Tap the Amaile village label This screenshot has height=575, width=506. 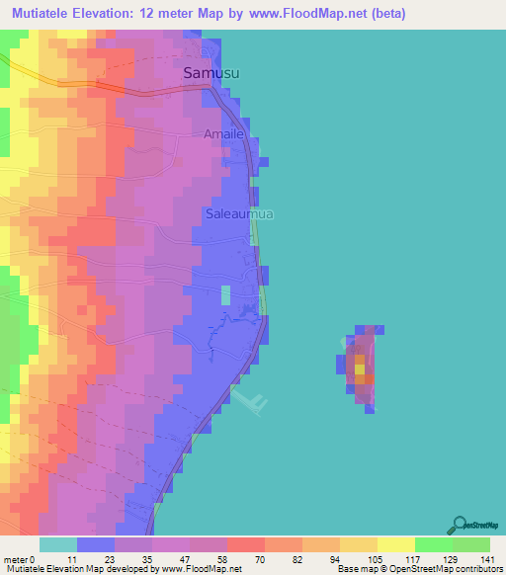tap(222, 133)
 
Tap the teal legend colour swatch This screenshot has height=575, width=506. tap(58, 544)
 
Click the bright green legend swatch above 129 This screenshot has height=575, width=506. tap(433, 544)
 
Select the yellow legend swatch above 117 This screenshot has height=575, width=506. tap(395, 544)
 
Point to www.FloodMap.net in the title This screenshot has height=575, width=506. tap(297, 14)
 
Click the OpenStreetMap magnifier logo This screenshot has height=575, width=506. tap(460, 524)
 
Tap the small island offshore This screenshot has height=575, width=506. tap(360, 366)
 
